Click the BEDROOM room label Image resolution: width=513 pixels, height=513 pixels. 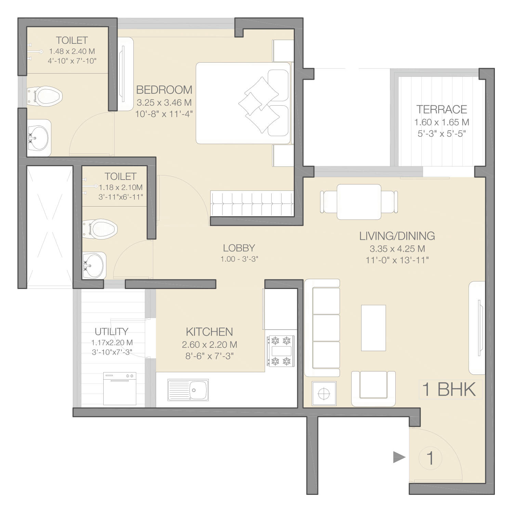164,90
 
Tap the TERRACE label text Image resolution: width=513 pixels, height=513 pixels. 442,109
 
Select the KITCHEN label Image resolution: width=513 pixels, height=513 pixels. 209,332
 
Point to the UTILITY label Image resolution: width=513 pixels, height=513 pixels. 111,331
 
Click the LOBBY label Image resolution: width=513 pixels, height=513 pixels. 239,248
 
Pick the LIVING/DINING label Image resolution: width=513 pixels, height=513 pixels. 397,236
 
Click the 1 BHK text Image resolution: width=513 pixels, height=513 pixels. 449,389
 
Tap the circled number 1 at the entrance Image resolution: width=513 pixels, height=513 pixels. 430,458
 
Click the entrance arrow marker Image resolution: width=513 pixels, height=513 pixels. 399,457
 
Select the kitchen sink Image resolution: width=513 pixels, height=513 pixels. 188,390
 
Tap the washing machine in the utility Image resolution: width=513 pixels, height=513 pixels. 120,389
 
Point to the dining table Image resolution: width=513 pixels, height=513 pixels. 359,202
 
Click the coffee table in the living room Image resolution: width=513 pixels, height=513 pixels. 373,328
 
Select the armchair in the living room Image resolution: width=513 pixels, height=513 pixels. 373,389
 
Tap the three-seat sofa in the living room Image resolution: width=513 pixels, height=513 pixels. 322,328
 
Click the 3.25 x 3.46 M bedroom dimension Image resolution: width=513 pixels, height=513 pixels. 164,103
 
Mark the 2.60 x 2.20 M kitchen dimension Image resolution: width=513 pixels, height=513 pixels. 210,344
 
